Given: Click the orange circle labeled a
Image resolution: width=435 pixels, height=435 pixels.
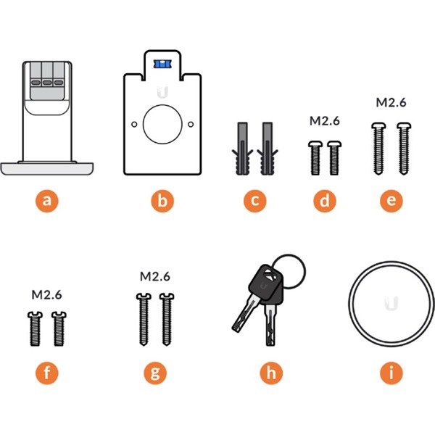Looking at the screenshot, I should tap(47, 201).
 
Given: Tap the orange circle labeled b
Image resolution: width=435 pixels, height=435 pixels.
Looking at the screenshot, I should tap(161, 201).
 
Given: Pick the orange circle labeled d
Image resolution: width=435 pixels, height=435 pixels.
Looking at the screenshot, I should tap(324, 201).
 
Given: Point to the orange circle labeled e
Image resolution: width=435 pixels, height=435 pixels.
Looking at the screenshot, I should tap(391, 201).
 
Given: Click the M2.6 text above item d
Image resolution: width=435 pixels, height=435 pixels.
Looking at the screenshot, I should tap(324, 121).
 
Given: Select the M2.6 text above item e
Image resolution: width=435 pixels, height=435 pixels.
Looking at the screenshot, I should tap(391, 102).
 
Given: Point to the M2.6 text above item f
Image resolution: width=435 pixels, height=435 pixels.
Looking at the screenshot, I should tap(47, 295).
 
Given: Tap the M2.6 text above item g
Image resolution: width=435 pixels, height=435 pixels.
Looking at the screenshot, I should tap(154, 276).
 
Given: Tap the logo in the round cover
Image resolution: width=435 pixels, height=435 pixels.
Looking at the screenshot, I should tap(391, 300).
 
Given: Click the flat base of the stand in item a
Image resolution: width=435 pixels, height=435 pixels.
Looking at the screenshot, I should tap(47, 169).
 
